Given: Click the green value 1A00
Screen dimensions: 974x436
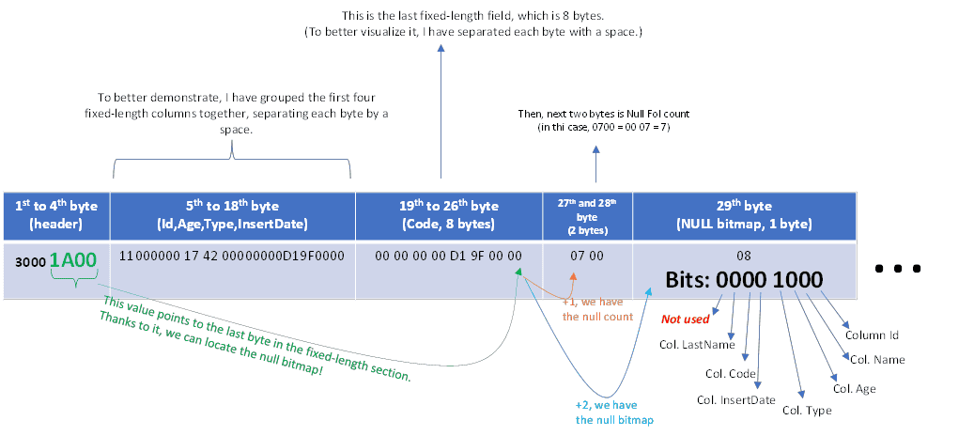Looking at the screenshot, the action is [73, 260].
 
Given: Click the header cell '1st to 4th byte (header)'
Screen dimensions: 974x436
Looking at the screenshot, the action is [56, 215].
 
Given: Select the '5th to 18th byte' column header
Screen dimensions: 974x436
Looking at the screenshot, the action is [233, 215].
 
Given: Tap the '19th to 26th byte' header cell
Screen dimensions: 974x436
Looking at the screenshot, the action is [449, 215].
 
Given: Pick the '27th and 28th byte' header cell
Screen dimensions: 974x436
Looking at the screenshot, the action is [588, 215].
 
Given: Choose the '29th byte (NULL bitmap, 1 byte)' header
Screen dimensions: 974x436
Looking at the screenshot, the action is [744, 215].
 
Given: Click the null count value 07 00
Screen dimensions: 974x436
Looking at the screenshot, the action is [587, 256].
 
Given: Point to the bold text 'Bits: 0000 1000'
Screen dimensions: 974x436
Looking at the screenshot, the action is [744, 280].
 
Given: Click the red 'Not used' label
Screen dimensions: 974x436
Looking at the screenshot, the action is [685, 319].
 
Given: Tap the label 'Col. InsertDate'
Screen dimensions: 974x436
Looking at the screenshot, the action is [736, 400].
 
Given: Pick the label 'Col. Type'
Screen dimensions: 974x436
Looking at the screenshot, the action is [807, 410].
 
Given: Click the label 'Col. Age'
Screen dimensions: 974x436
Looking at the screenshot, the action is [854, 389].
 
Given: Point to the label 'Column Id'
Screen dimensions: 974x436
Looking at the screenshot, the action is [873, 335].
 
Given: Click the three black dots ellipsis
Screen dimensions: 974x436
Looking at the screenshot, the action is [898, 269].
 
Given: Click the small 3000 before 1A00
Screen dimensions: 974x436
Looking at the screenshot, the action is [30, 262].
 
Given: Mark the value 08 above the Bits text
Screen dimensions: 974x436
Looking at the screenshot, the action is [744, 256].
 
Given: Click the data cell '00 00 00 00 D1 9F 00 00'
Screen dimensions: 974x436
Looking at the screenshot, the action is [448, 256].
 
